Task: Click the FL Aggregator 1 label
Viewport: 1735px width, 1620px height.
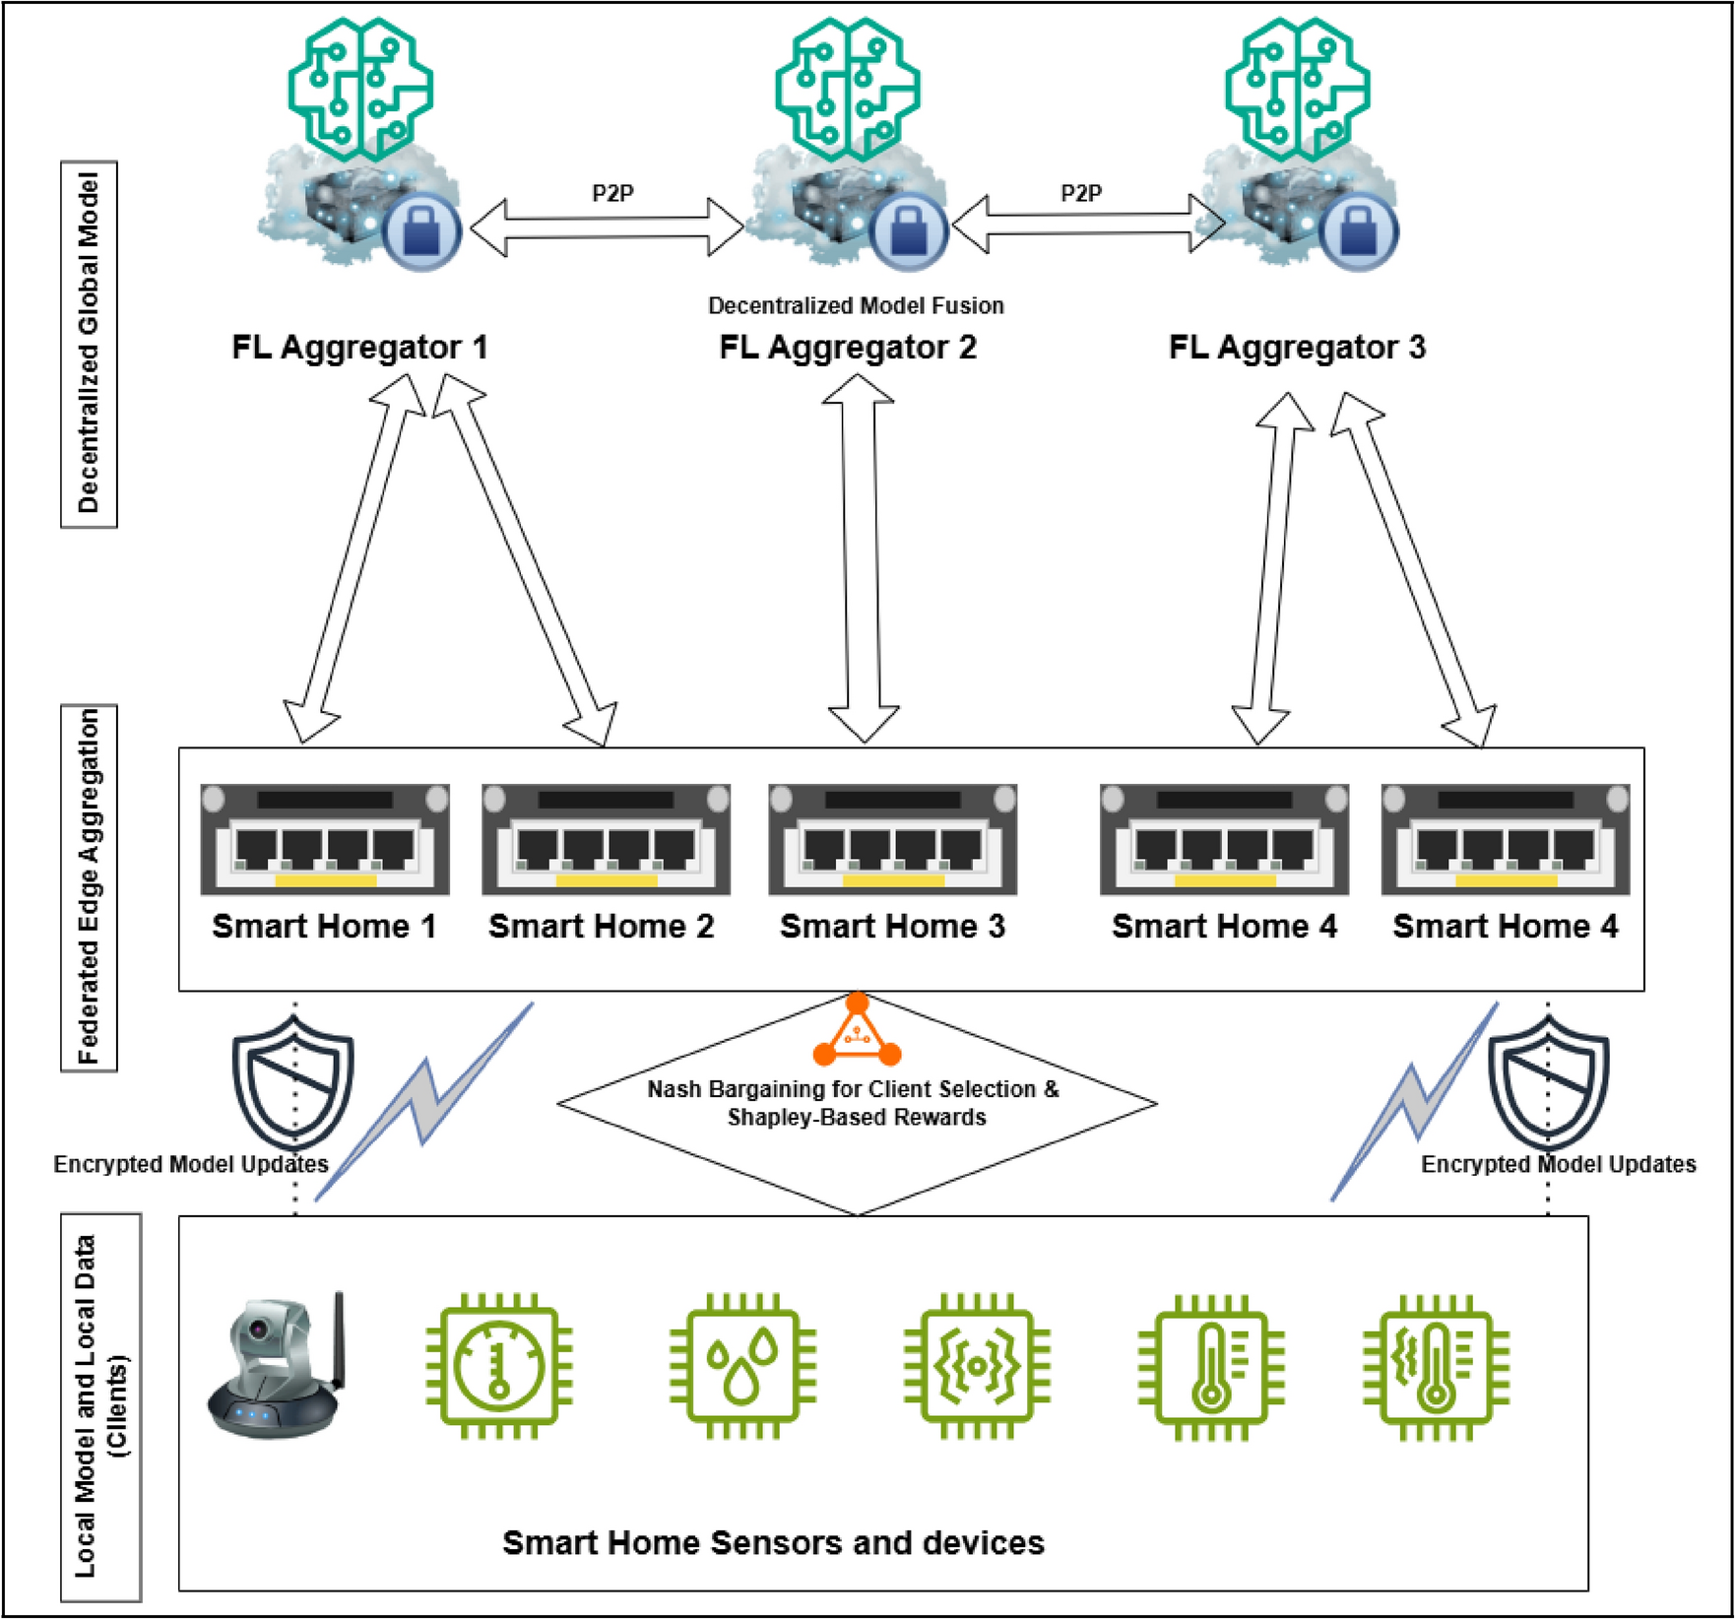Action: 359,348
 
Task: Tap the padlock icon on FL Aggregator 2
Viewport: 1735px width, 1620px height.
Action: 907,232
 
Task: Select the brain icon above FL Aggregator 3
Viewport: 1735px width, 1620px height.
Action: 1297,89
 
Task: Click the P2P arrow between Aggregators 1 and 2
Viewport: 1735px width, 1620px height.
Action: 607,227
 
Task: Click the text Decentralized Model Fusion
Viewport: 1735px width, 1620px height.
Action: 856,305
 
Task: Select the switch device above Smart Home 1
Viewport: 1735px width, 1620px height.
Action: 325,839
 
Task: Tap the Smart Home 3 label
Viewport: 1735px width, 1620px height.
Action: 892,927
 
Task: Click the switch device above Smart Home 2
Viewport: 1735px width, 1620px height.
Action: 606,839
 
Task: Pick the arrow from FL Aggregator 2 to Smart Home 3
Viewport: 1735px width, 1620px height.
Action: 861,557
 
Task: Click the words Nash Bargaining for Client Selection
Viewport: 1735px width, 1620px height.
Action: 853,1089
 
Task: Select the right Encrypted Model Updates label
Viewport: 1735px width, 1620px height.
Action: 1558,1164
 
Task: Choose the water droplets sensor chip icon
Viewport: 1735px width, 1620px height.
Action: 742,1366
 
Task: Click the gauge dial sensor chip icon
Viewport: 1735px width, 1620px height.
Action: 499,1366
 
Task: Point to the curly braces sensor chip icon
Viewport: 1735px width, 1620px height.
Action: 977,1366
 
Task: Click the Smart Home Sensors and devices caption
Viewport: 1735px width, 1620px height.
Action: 773,1542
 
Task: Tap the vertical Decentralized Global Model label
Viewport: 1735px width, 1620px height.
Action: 89,344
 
